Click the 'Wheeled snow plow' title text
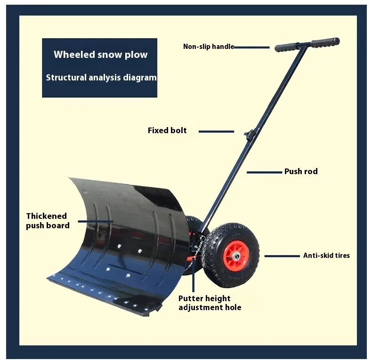(x=100, y=55)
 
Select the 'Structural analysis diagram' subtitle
(x=101, y=78)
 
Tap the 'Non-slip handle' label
(x=208, y=47)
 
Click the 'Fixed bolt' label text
(x=167, y=130)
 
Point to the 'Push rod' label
(x=301, y=171)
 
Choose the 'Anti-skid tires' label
(x=326, y=256)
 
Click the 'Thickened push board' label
(x=47, y=221)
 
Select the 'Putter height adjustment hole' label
(x=210, y=303)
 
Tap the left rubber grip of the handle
(x=286, y=47)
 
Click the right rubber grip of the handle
(x=325, y=42)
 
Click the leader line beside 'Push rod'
(x=264, y=172)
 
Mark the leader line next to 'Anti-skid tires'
(x=282, y=256)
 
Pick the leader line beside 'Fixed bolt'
(x=216, y=131)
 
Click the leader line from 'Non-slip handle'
(x=251, y=47)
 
